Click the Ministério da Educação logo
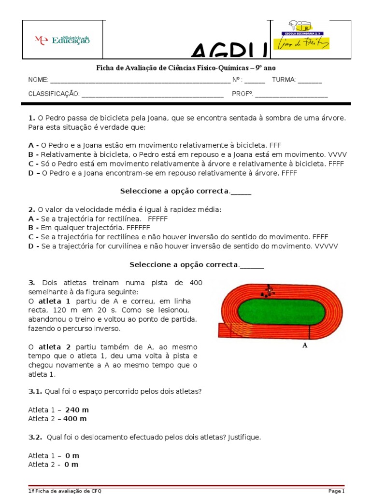click(x=62, y=40)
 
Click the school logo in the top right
click(x=302, y=35)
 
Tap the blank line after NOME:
click(x=140, y=80)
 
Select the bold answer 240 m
click(x=77, y=410)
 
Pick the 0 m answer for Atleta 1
click(x=72, y=455)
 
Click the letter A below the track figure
click(x=305, y=345)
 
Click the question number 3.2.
click(x=36, y=437)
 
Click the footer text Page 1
click(x=336, y=491)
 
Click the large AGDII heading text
click(x=230, y=53)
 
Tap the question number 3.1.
click(x=36, y=391)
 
